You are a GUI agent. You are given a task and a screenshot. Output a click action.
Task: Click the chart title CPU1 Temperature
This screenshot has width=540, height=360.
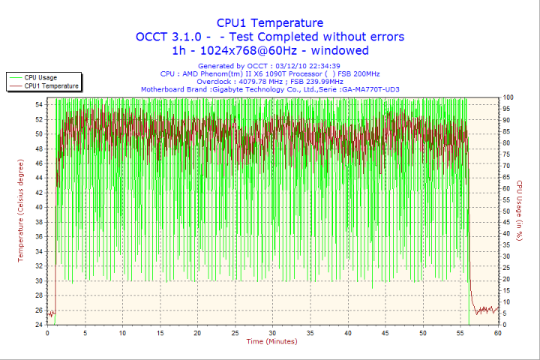pyautogui.click(x=270, y=23)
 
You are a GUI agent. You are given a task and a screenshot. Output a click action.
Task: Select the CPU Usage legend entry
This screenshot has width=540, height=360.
pyautogui.click(x=40, y=77)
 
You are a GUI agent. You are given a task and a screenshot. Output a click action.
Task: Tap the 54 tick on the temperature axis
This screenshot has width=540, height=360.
pyautogui.click(x=39, y=104)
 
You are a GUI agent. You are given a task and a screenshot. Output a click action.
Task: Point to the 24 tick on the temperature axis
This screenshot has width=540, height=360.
pyautogui.click(x=39, y=325)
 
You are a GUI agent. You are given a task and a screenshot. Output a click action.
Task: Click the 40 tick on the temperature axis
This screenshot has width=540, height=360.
pyautogui.click(x=39, y=207)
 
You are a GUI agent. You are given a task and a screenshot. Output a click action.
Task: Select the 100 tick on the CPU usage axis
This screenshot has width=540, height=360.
pyautogui.click(x=508, y=97)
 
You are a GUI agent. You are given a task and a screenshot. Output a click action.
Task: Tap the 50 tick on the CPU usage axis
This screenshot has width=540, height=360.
pyautogui.click(x=507, y=211)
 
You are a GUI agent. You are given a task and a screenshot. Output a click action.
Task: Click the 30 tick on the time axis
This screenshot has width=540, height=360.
pyautogui.click(x=272, y=332)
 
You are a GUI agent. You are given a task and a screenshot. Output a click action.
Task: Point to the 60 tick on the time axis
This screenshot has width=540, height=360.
pyautogui.click(x=497, y=332)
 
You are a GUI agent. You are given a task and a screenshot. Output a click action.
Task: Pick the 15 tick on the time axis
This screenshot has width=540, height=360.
pyautogui.click(x=160, y=332)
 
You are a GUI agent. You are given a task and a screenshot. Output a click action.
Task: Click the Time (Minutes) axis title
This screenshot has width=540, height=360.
pyautogui.click(x=271, y=342)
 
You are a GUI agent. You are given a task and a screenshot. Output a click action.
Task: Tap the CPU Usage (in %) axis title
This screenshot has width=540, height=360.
pyautogui.click(x=519, y=212)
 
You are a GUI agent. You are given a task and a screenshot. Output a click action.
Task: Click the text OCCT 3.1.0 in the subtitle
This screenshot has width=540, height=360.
pyautogui.click(x=171, y=37)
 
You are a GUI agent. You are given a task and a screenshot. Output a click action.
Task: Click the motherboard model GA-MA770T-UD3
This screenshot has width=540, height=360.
pyautogui.click(x=370, y=88)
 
